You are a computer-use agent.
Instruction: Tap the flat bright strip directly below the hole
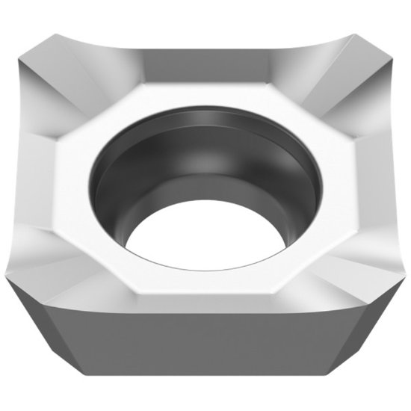pos(205,280)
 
